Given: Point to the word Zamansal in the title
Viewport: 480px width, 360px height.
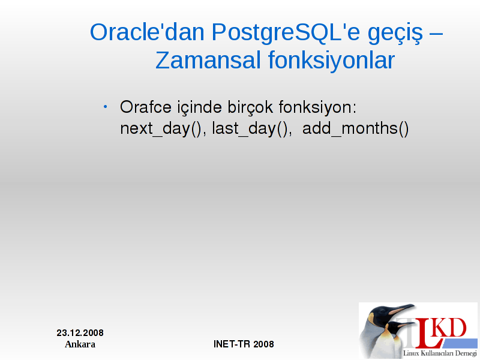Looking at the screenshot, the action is (x=208, y=60).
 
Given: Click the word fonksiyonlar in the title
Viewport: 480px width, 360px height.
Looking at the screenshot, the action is (x=332, y=59).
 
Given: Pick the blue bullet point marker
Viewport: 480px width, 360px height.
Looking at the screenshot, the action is (x=106, y=107).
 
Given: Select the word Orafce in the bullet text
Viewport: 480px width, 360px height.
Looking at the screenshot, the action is (x=146, y=107).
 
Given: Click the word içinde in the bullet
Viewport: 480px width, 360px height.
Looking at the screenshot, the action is (x=200, y=108).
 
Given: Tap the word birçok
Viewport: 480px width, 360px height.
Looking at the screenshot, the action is (x=250, y=108).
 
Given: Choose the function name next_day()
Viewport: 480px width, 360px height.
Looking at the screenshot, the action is (x=161, y=128).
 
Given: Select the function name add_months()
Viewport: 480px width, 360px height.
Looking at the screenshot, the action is (x=355, y=128).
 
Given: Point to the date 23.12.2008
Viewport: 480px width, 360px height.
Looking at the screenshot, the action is (x=80, y=333).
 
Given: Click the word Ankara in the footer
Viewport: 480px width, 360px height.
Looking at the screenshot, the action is (x=80, y=344).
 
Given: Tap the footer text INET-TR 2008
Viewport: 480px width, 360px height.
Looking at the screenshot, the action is (x=244, y=344).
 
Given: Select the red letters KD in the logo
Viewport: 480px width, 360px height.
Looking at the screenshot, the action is (x=451, y=328).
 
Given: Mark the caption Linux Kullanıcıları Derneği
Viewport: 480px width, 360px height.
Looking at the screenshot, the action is (x=440, y=353).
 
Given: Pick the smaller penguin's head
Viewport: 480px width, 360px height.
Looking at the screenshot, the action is (x=394, y=328).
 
